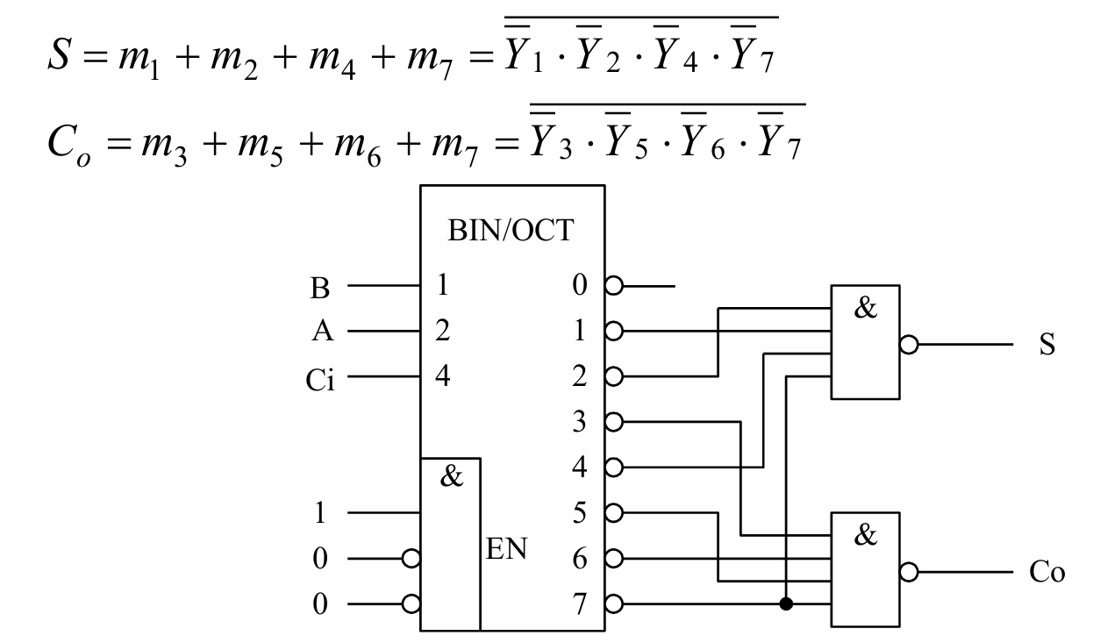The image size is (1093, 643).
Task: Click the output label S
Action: coord(1047,345)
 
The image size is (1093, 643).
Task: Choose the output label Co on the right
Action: coord(1047,573)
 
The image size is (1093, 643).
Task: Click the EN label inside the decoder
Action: coord(506,554)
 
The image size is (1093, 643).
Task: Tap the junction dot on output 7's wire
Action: coord(786,604)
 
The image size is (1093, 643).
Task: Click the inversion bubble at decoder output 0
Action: coord(613,286)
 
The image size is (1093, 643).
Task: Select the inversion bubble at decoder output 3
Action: coord(613,422)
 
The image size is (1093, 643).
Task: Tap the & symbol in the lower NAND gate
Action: coord(865,536)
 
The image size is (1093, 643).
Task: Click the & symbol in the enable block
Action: coord(450,479)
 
